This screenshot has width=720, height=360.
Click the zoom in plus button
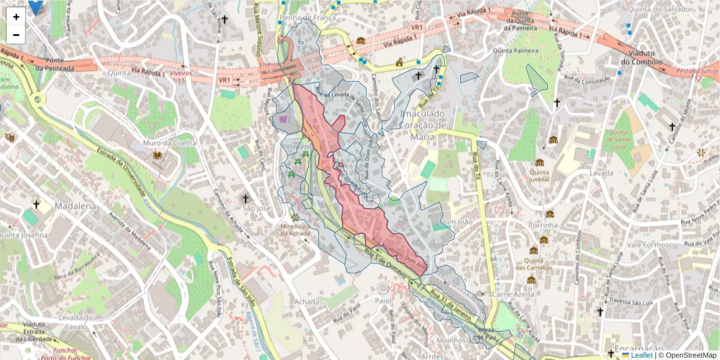[x=16, y=17]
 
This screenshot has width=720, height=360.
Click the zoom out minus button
[x=16, y=35]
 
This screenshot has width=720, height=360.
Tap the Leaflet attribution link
[x=641, y=355]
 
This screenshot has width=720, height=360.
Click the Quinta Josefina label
[x=23, y=235]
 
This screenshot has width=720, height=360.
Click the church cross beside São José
[x=245, y=198]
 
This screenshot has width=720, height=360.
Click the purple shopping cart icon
[x=283, y=119]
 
